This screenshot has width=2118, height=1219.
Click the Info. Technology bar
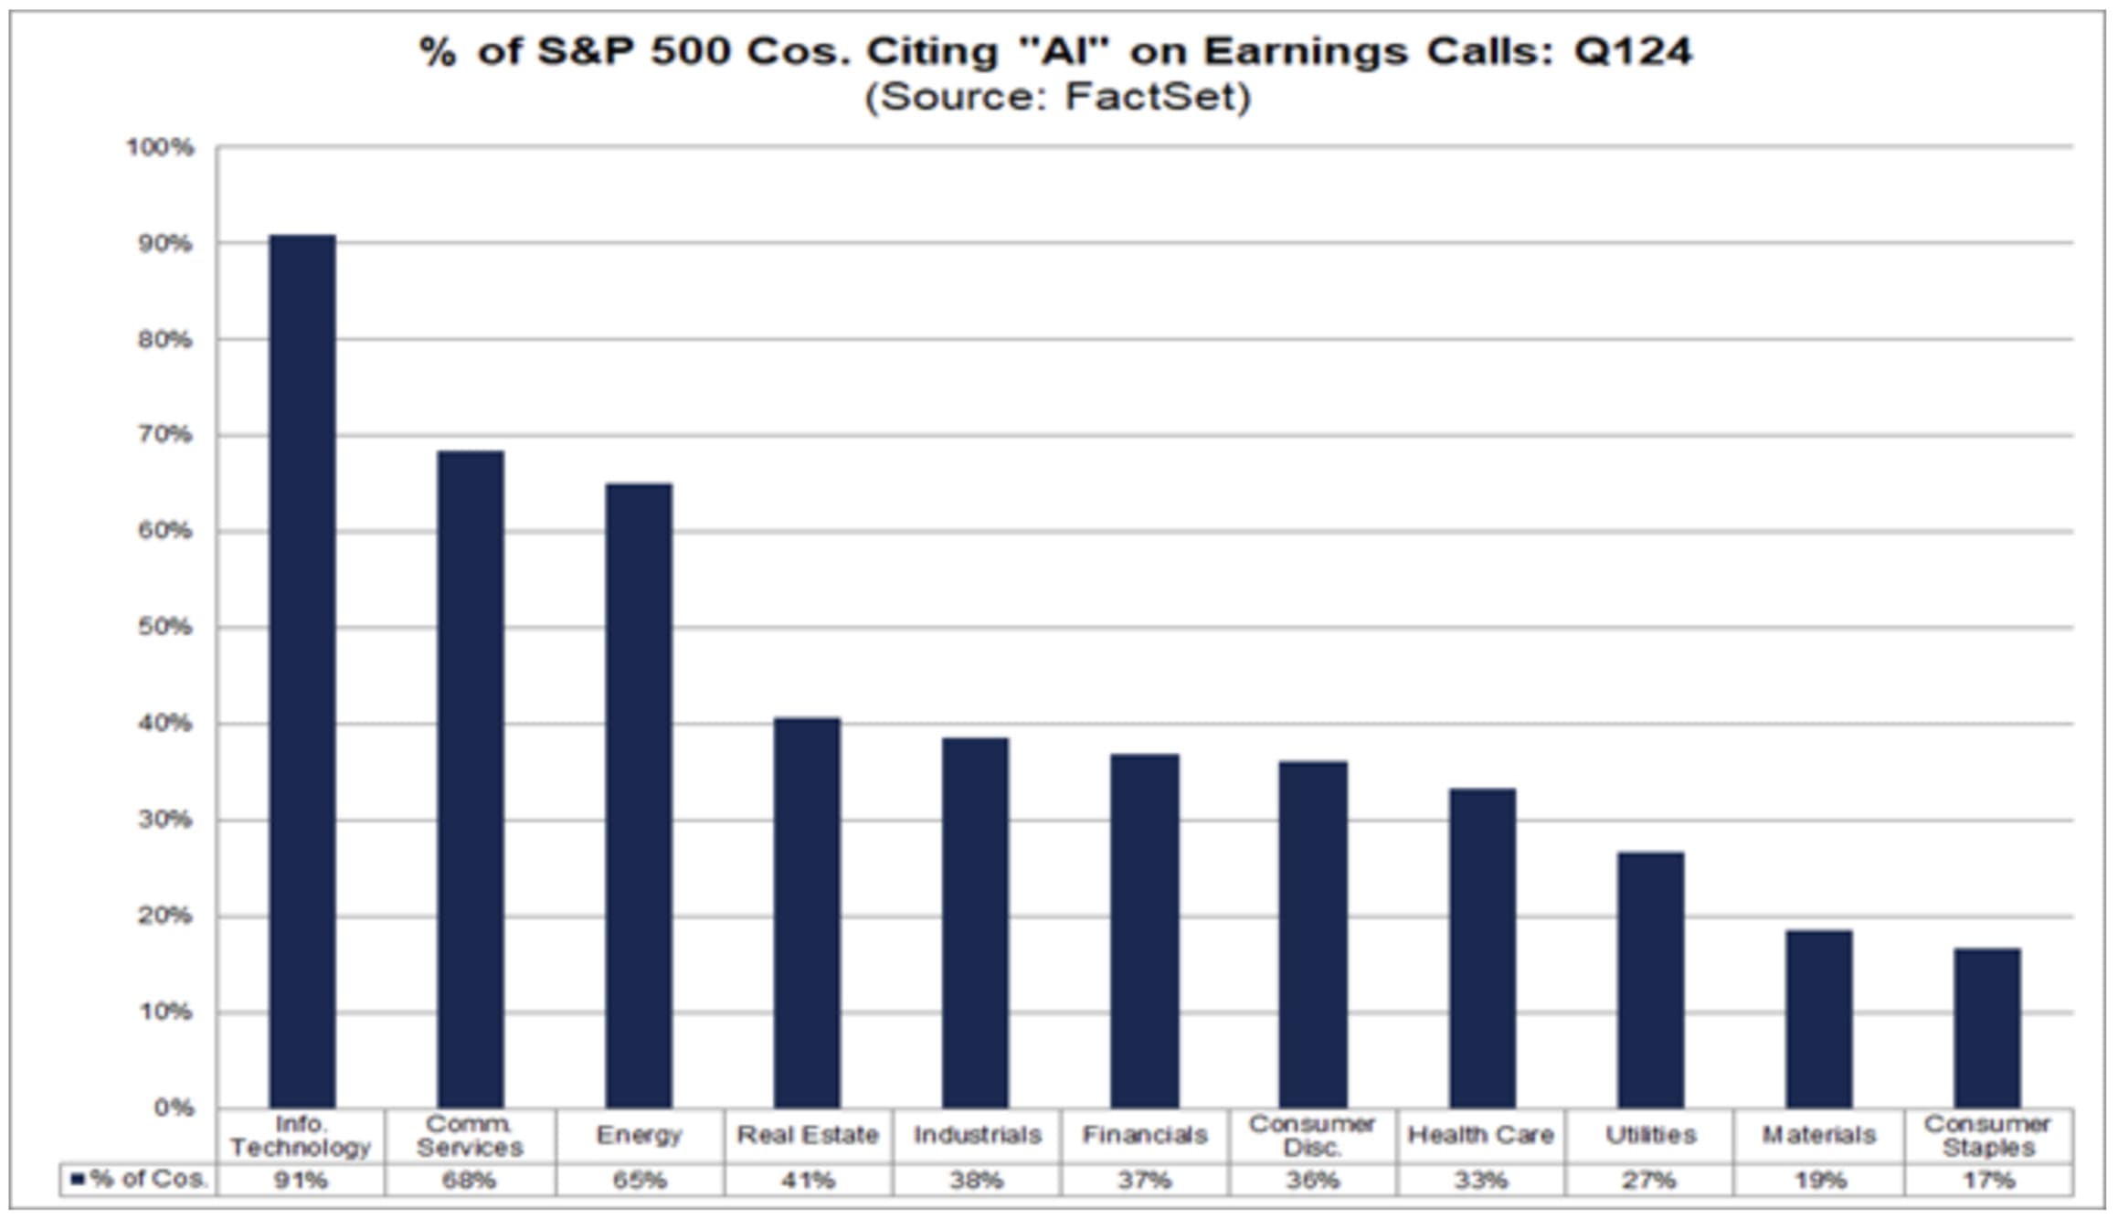pyautogui.click(x=302, y=672)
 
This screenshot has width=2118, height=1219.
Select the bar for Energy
pyautogui.click(x=639, y=795)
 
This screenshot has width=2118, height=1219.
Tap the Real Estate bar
pyautogui.click(x=807, y=913)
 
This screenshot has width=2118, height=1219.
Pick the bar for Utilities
pyautogui.click(x=1650, y=980)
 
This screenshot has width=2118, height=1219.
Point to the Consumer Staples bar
pyautogui.click(x=1986, y=1028)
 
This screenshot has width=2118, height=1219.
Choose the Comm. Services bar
pyautogui.click(x=471, y=779)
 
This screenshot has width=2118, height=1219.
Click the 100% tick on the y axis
pyautogui.click(x=161, y=148)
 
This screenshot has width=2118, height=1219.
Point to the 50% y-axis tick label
pyautogui.click(x=165, y=628)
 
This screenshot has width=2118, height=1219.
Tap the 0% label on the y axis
pyautogui.click(x=174, y=1108)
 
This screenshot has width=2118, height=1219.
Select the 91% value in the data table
pyautogui.click(x=301, y=1181)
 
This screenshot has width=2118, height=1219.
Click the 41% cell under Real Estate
pyautogui.click(x=807, y=1181)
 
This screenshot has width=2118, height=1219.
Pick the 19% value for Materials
pyautogui.click(x=1819, y=1181)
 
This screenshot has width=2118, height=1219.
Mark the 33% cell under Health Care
pyautogui.click(x=1481, y=1181)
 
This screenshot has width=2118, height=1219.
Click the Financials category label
pyautogui.click(x=1145, y=1135)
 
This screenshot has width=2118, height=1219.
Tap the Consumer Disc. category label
pyautogui.click(x=1312, y=1135)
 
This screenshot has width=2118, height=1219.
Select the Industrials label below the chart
pyautogui.click(x=977, y=1135)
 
